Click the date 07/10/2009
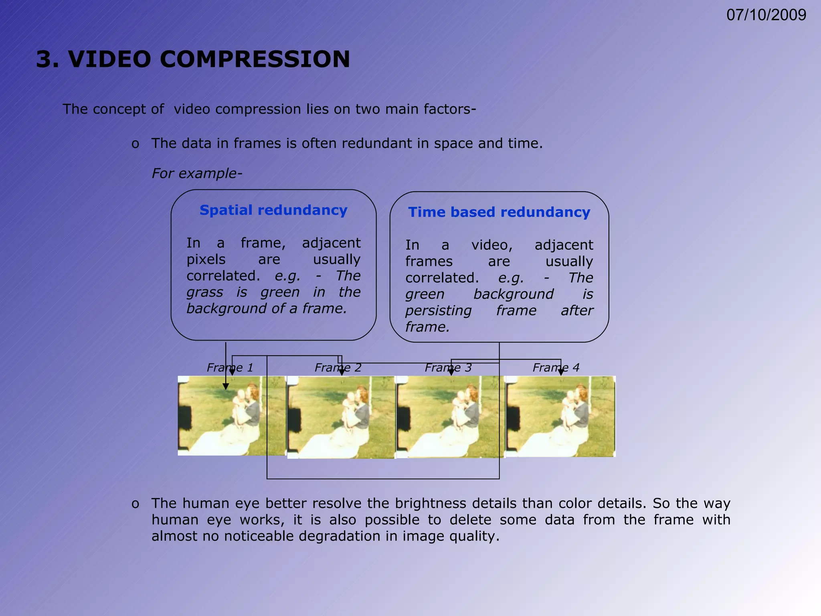click(x=766, y=15)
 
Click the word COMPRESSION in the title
click(x=255, y=59)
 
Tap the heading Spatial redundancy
click(x=273, y=210)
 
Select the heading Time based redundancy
click(x=499, y=212)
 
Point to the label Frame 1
click(x=230, y=367)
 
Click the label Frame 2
click(x=338, y=367)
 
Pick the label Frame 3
click(x=448, y=367)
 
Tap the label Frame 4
click(x=556, y=367)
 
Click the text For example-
click(x=197, y=173)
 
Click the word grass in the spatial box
click(x=204, y=292)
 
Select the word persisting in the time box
click(x=438, y=311)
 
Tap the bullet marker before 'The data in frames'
click(x=135, y=144)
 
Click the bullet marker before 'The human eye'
click(x=135, y=504)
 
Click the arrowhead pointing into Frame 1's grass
click(x=226, y=386)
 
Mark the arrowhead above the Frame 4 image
click(x=560, y=373)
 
